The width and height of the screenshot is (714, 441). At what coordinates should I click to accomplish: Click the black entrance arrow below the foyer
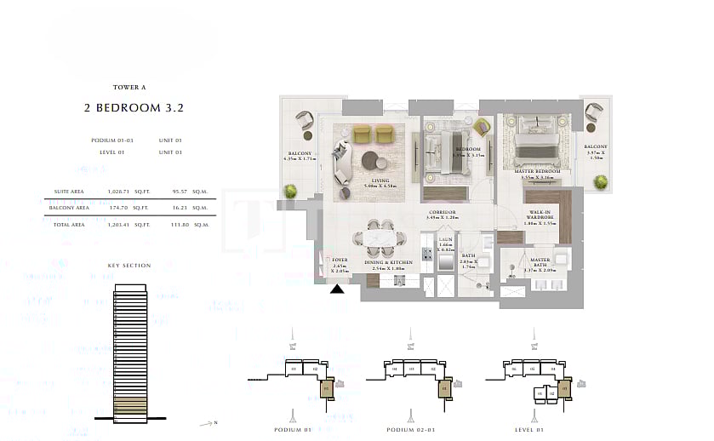click(x=338, y=289)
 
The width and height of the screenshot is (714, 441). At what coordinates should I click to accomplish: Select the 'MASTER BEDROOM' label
click(x=537, y=171)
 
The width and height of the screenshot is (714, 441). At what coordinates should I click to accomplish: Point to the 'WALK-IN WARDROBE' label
click(x=541, y=217)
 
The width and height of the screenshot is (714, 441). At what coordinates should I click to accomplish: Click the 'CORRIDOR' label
click(x=441, y=214)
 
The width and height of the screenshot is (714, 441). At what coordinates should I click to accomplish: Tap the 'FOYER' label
click(x=340, y=261)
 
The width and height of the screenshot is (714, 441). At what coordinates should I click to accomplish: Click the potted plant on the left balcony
click(x=292, y=191)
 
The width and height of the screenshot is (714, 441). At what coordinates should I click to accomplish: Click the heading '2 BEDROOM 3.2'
click(x=134, y=108)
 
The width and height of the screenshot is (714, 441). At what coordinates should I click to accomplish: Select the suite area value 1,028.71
click(x=116, y=193)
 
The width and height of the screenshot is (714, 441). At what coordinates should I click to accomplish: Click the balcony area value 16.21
click(x=180, y=207)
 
